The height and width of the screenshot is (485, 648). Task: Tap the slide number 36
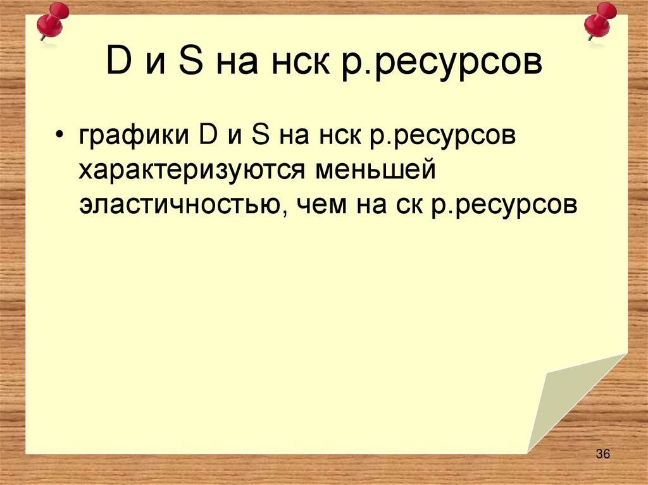[602, 455]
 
